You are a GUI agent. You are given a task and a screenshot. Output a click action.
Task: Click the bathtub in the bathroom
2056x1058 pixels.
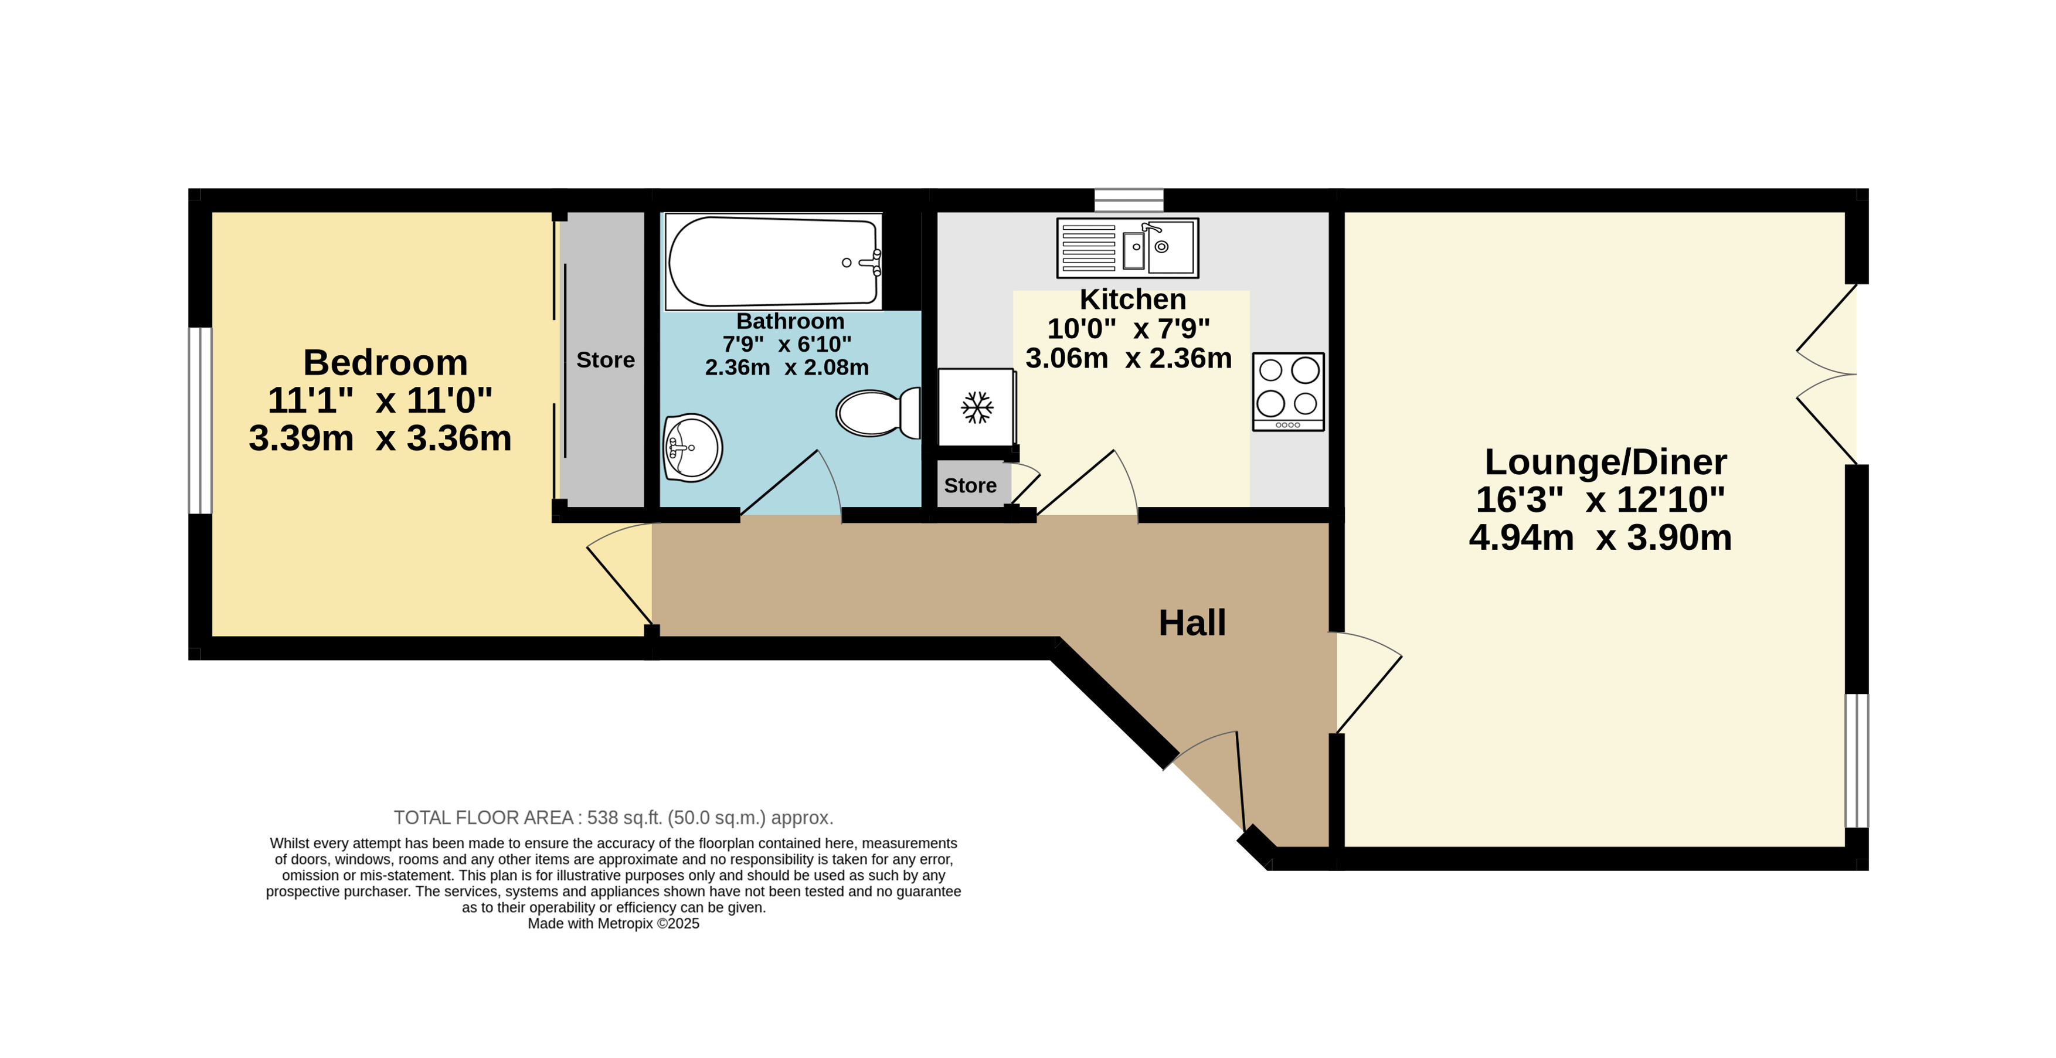point(773,261)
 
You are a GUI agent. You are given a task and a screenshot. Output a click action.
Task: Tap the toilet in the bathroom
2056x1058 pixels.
point(878,413)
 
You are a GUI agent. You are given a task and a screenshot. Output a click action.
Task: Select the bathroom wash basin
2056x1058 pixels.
point(692,448)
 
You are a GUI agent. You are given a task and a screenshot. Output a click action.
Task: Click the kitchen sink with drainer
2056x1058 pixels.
point(1127,248)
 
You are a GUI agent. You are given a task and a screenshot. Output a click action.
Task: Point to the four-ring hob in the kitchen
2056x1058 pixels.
point(1288,392)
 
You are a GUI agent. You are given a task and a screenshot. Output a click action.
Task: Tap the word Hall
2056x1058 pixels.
point(1192,622)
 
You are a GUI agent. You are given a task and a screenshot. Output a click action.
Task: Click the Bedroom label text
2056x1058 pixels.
point(386,363)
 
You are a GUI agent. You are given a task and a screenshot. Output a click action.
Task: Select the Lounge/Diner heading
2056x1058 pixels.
point(1605,462)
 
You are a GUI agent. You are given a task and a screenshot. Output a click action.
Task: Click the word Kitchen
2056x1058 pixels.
point(1133,299)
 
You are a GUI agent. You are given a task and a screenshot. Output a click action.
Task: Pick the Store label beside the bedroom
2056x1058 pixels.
point(606,360)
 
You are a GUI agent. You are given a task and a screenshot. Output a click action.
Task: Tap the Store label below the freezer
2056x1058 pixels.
point(970,485)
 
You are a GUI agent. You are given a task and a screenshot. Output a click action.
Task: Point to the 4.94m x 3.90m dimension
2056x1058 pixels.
point(1600,537)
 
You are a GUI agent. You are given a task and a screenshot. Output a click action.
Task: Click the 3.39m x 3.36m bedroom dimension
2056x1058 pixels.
point(380,438)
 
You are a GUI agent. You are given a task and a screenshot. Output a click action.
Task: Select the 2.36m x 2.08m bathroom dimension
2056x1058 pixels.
point(787,367)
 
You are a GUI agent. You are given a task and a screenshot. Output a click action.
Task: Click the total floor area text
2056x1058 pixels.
point(613,818)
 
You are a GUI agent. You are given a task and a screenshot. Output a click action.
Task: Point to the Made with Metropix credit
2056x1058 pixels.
point(613,923)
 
